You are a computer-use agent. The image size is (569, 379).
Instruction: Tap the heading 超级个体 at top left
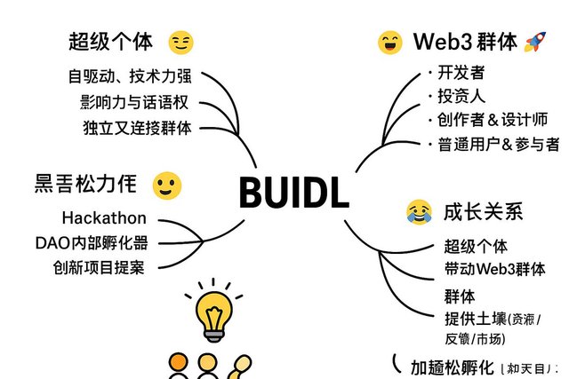tap(111, 41)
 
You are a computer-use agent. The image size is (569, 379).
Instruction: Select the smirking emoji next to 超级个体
tap(181, 42)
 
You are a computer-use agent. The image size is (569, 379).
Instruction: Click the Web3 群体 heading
tap(465, 41)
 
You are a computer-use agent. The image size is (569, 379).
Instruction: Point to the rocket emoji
tap(535, 41)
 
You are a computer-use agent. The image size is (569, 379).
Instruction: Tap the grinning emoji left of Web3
tap(389, 42)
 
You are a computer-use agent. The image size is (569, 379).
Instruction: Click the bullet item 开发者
tap(461, 72)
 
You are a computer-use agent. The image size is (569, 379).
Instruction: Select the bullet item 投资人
tap(461, 96)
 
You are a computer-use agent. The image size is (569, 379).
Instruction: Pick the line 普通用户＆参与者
tap(498, 144)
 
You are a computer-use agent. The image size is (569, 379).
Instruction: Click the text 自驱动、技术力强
tap(130, 75)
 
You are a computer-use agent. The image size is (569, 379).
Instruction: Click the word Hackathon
tap(105, 217)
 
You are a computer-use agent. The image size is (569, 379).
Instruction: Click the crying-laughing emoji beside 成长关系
tap(417, 210)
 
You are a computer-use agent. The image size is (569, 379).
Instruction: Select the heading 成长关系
tap(484, 211)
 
